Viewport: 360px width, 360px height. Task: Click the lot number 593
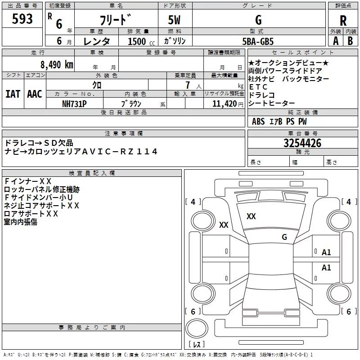point(23,19)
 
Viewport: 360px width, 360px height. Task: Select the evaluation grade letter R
point(343,20)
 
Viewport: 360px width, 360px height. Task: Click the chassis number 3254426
point(302,144)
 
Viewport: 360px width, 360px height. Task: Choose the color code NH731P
point(74,103)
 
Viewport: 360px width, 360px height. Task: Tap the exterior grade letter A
point(336,41)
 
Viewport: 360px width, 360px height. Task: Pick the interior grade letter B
point(351,41)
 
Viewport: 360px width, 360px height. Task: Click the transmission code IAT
point(13,94)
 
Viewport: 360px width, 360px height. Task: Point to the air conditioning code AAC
point(34,94)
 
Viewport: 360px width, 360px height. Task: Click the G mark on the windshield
point(284,237)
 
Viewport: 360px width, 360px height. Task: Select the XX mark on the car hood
point(251,216)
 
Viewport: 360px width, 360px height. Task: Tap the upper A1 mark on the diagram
point(326,252)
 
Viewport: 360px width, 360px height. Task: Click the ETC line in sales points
point(258,87)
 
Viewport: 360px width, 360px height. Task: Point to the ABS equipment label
point(258,121)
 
